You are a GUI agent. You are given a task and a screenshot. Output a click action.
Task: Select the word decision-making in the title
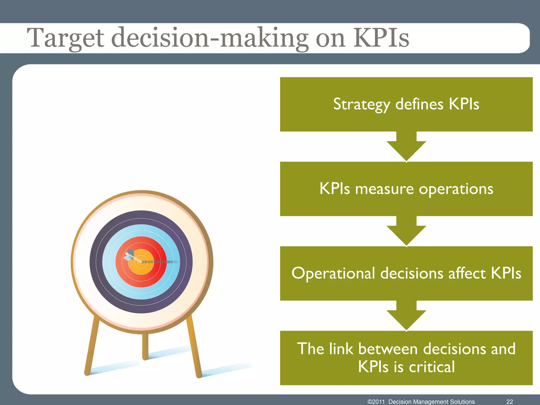tap(210, 38)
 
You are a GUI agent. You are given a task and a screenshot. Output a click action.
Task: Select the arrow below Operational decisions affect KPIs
tap(406, 316)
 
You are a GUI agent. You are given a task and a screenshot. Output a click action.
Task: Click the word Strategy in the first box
tap(361, 104)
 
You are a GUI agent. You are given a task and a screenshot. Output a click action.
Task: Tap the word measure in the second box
tap(384, 189)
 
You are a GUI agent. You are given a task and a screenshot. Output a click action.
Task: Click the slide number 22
tap(510, 402)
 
